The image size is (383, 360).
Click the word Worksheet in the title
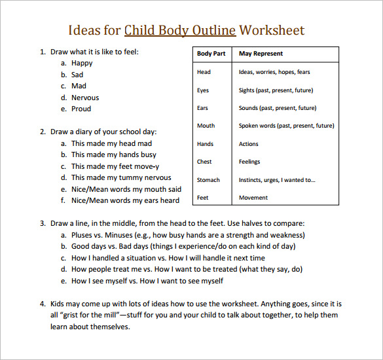tap(272, 30)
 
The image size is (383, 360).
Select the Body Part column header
tap(211, 54)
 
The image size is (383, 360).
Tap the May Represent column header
tap(261, 54)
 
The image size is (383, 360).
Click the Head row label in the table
tap(204, 72)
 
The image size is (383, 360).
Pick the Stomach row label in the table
tap(208, 179)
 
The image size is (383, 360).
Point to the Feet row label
tap(203, 197)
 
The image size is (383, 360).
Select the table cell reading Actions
tap(249, 144)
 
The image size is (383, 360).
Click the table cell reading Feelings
tap(249, 162)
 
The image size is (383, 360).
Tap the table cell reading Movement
tap(253, 197)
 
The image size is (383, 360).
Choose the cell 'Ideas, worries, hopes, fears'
tap(274, 72)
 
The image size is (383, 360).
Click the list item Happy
tap(82, 63)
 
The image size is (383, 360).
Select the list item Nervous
tap(85, 98)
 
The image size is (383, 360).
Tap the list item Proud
tap(81, 109)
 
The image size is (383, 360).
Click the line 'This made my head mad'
tap(111, 143)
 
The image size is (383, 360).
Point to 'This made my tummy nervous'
tap(121, 177)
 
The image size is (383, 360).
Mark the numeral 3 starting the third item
tap(42, 223)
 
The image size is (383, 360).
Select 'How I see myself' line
tap(147, 281)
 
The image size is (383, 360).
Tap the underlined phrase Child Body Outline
tap(180, 30)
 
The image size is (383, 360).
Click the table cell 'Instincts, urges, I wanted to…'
tap(276, 179)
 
